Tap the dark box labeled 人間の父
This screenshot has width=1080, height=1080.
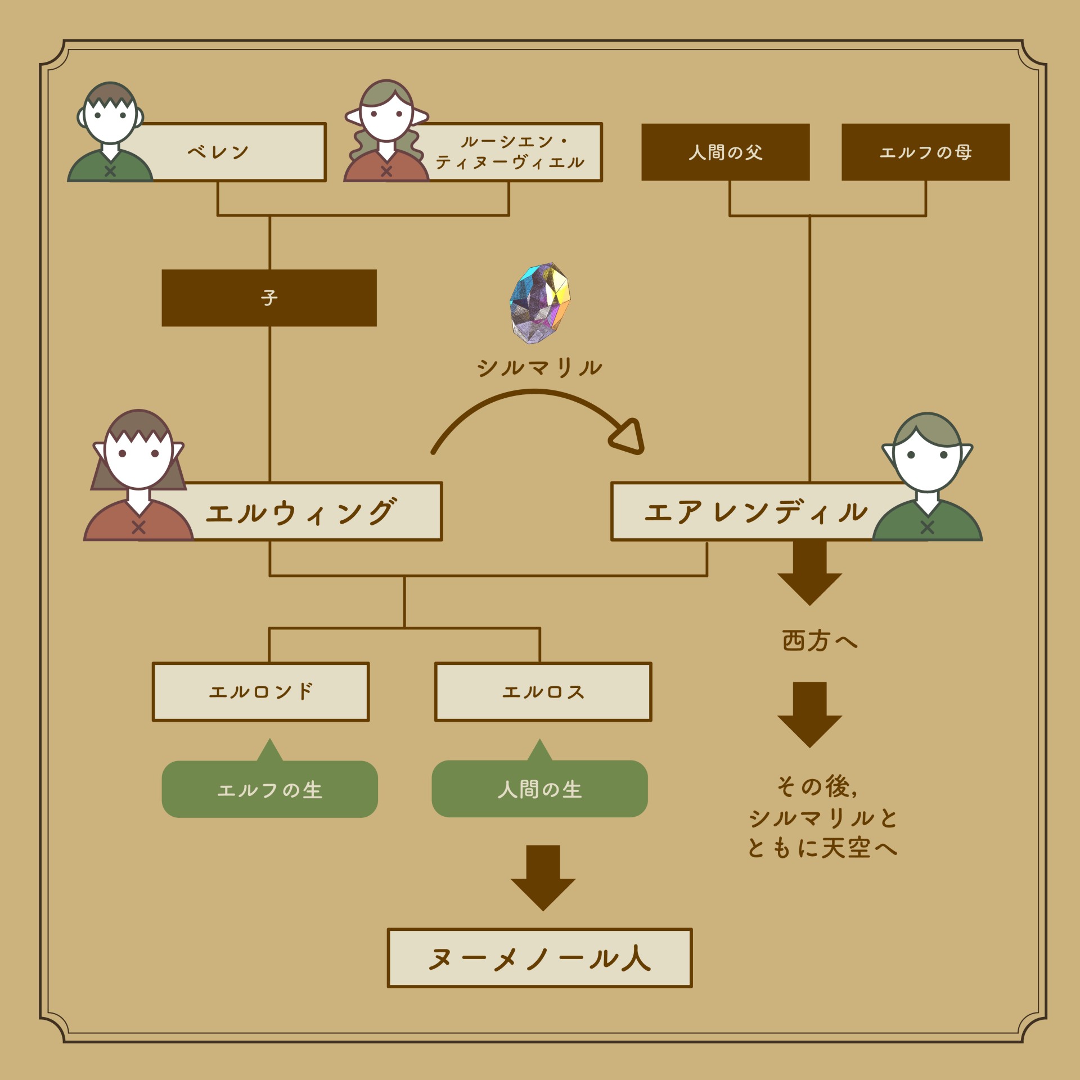(725, 152)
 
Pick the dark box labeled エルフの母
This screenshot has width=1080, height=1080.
(925, 152)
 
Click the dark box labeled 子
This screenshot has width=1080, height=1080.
(269, 298)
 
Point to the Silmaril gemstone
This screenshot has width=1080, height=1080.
(540, 302)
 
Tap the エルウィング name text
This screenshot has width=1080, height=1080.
(301, 512)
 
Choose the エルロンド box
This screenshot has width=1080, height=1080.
(260, 691)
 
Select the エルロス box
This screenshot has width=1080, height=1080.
(543, 691)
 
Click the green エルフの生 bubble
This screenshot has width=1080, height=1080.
(269, 789)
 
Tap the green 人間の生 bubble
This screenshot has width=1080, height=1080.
(539, 789)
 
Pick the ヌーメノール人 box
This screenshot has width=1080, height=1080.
(539, 958)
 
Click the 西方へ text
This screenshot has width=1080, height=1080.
(820, 641)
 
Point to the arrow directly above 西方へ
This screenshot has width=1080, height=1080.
(809, 574)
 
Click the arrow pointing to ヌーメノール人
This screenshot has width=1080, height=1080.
(543, 877)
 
